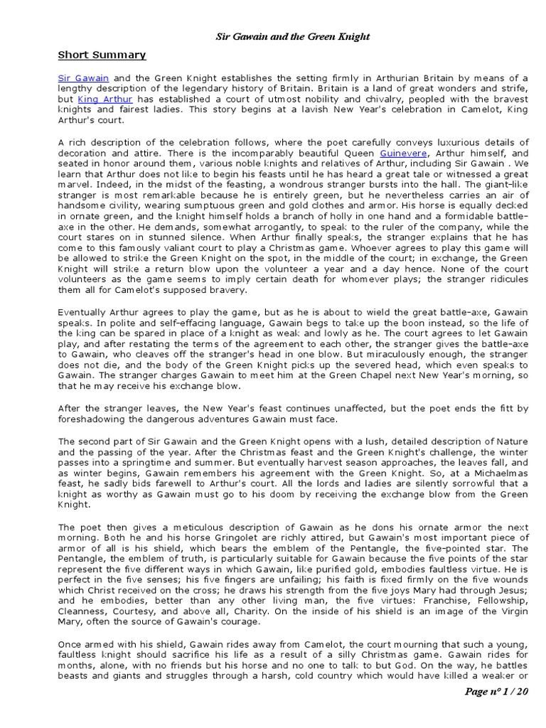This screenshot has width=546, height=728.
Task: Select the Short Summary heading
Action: [x=102, y=55]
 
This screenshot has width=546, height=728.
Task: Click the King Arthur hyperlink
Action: [x=105, y=100]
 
